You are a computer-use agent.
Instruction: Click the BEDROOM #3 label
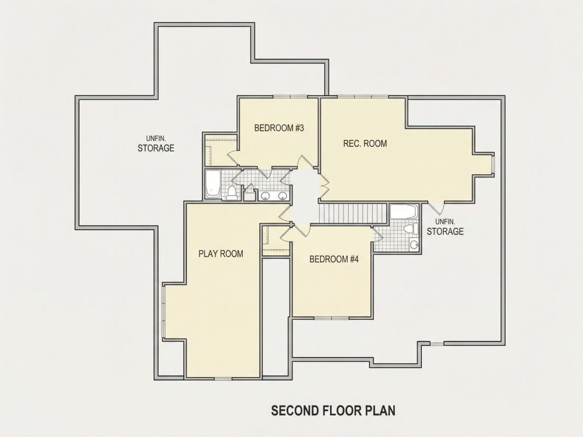[279, 128]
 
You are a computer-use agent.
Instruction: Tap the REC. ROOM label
[365, 144]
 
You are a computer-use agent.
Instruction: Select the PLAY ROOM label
[221, 254]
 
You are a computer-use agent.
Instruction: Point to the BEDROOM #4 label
[334, 259]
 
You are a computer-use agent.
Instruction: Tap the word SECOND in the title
[295, 411]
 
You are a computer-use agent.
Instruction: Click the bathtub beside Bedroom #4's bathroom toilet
[403, 212]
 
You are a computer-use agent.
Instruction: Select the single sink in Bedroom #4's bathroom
[413, 244]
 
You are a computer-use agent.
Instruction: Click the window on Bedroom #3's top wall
[290, 97]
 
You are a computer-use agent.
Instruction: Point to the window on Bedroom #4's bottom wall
[332, 318]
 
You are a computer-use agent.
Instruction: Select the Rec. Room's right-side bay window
[493, 164]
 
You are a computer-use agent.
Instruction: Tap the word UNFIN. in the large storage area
[156, 139]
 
